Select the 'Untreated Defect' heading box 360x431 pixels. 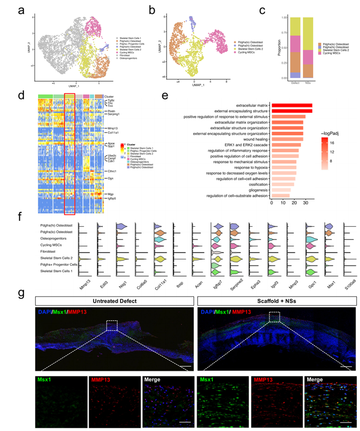coord(114,301)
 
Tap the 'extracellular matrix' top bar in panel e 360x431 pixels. coord(292,105)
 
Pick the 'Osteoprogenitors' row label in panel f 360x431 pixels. coord(60,239)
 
